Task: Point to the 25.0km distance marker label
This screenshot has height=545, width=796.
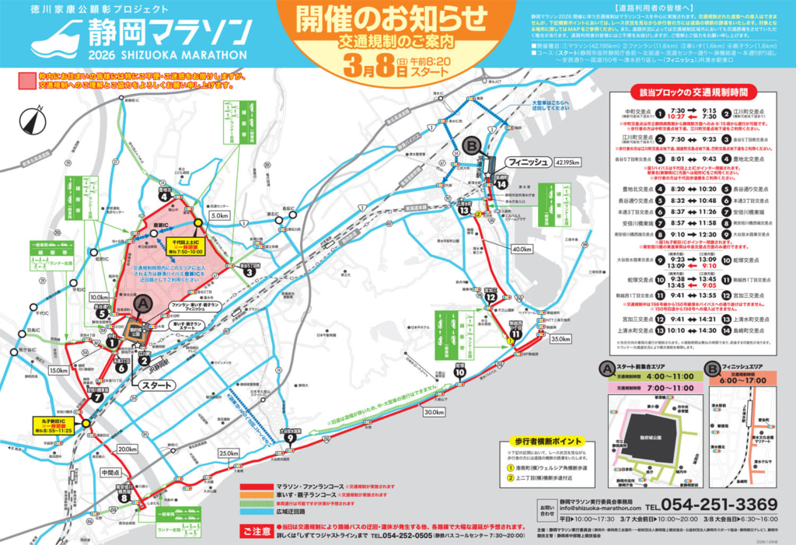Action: click(x=229, y=453)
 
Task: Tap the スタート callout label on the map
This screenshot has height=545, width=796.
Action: click(x=158, y=385)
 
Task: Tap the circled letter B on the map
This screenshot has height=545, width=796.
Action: click(x=470, y=145)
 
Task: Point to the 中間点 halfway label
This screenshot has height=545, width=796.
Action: click(x=111, y=472)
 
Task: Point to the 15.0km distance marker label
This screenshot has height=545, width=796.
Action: click(x=58, y=370)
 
